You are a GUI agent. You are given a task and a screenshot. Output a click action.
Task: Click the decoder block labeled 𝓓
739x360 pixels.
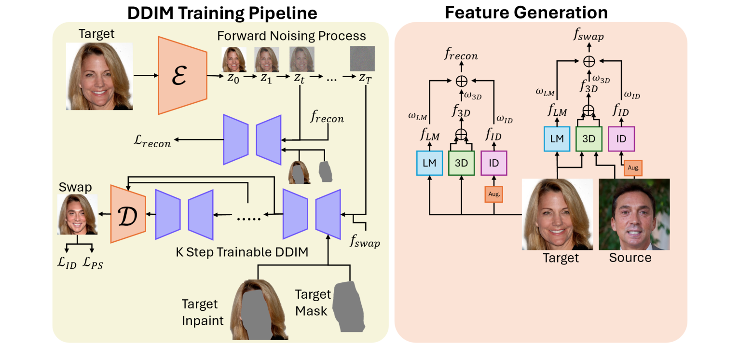(128, 213)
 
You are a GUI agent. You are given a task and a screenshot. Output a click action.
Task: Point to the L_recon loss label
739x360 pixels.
(152, 140)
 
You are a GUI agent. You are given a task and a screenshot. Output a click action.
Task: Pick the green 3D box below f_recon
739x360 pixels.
(461, 163)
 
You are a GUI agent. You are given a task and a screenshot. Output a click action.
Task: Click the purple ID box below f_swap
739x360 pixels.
(621, 138)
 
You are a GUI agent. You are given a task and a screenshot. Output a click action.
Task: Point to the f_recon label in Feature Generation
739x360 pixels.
(461, 55)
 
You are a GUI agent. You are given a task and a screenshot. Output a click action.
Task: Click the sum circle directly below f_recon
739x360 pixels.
(461, 81)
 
